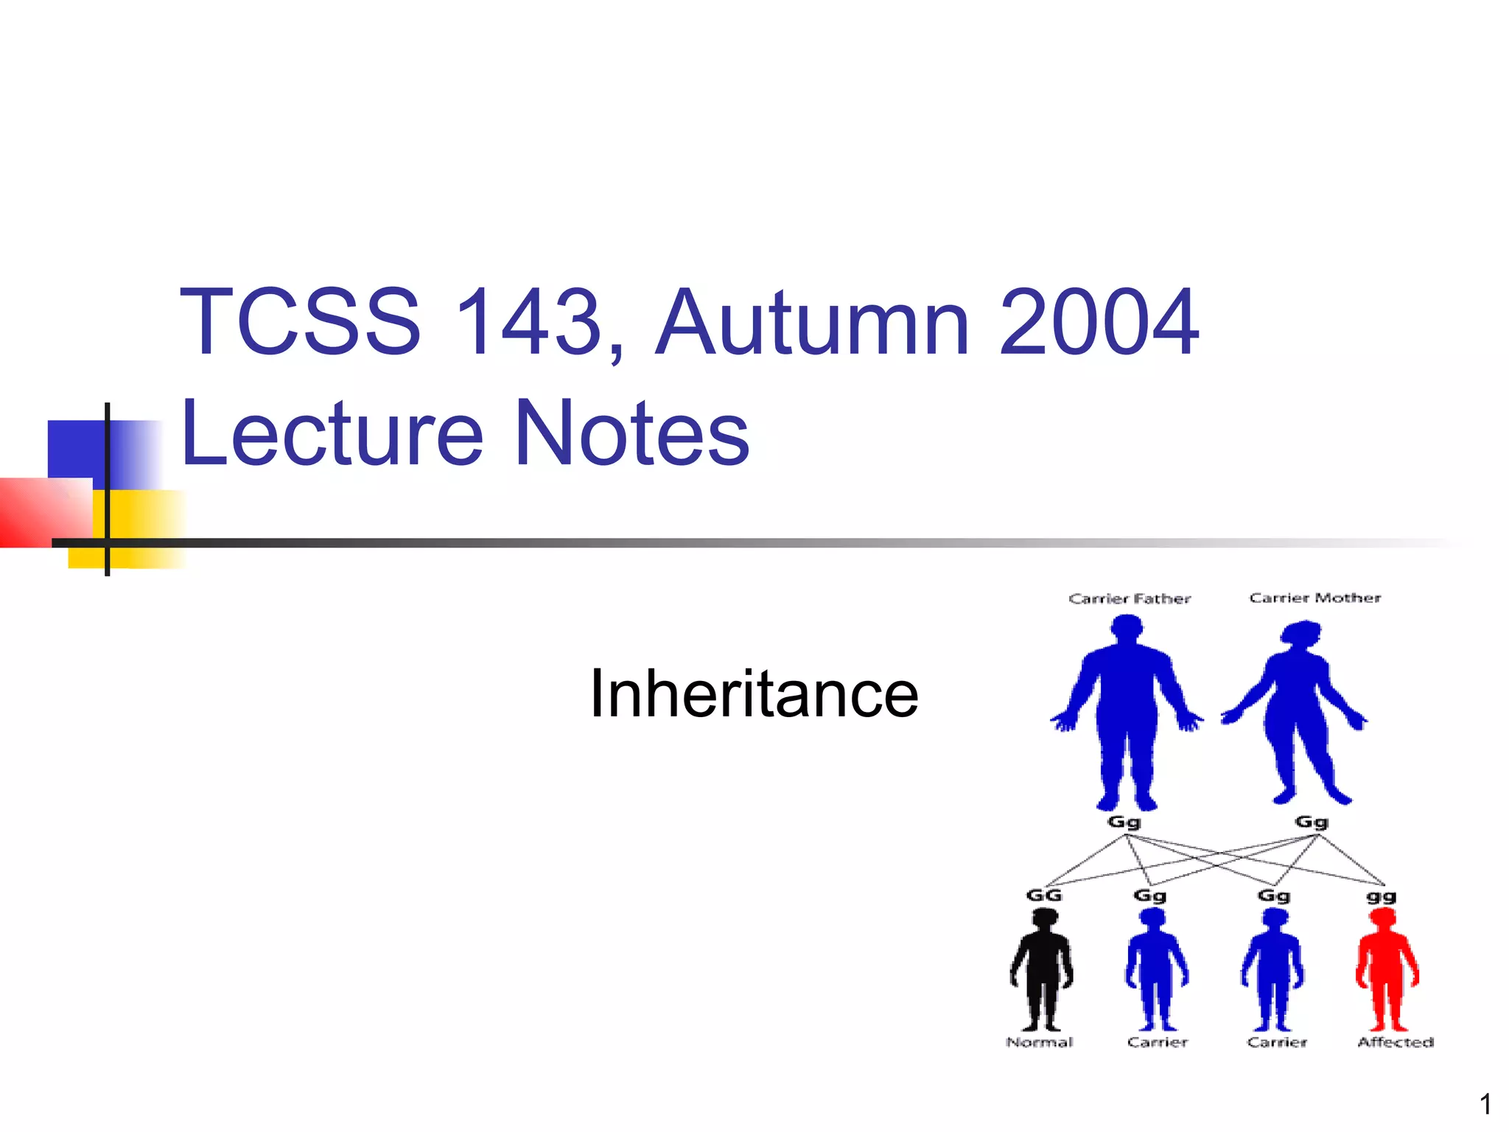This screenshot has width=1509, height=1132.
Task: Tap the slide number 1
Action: click(1485, 1104)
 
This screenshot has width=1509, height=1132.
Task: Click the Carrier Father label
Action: click(1130, 598)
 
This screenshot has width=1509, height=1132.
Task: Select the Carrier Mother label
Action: click(1315, 598)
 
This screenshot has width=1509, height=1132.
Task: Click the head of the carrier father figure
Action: click(1127, 628)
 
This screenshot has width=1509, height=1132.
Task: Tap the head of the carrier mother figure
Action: click(1301, 633)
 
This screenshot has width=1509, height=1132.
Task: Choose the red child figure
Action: click(1386, 969)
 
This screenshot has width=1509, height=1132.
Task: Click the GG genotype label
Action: click(1044, 895)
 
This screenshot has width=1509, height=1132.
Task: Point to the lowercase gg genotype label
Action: click(1382, 897)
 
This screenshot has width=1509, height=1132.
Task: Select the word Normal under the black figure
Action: click(1040, 1042)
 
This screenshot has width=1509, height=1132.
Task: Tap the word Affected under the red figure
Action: click(1396, 1042)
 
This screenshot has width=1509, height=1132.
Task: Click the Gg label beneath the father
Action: click(1124, 822)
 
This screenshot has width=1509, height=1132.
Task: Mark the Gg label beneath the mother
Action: click(1312, 822)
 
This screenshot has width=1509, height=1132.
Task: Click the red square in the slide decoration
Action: click(44, 512)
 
